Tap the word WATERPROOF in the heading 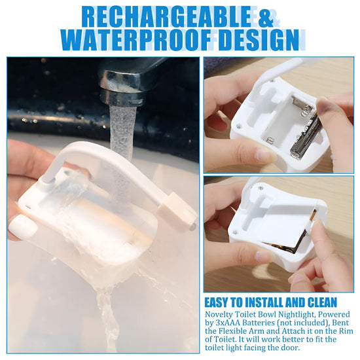click(136, 40)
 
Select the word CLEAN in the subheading click(322, 302)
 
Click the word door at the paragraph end click(290, 348)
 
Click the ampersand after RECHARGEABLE click(266, 18)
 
